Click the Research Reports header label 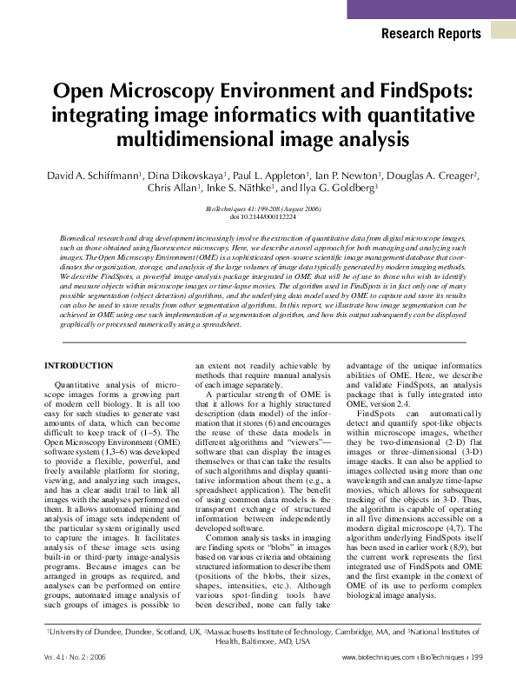point(431,34)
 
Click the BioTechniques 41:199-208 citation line point(258,209)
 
